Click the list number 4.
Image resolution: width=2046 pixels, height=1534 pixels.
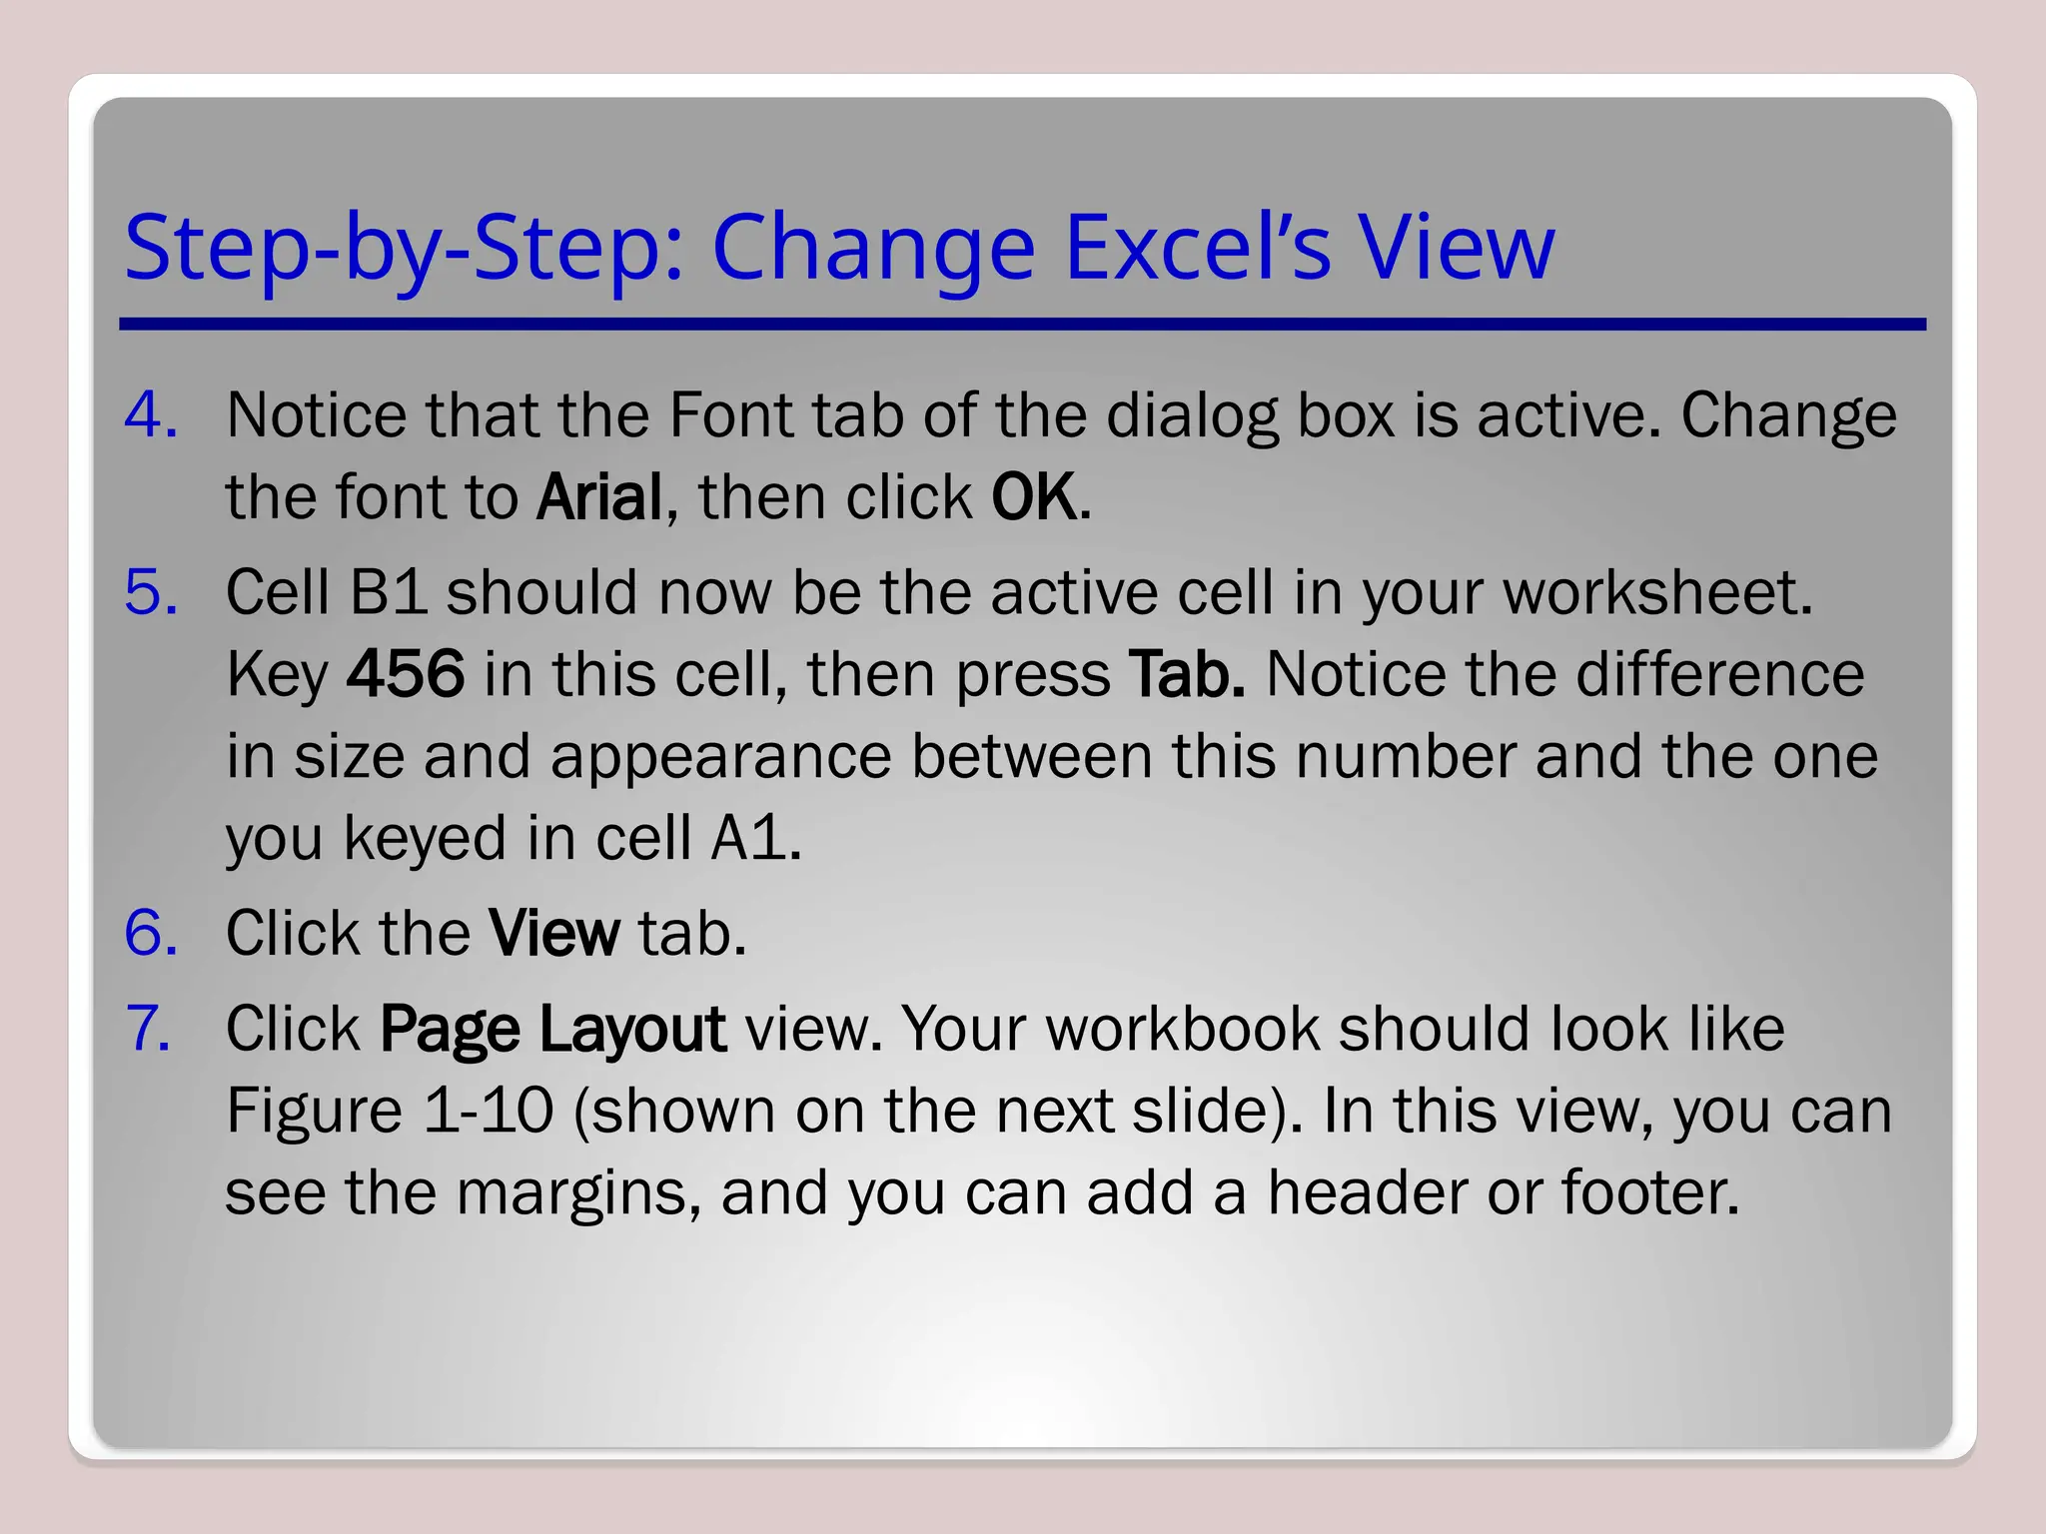tap(151, 415)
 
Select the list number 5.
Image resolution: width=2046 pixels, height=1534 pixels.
tap(151, 592)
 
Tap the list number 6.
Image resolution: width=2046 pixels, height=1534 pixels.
tap(151, 933)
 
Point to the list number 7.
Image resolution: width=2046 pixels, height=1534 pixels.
tap(149, 1029)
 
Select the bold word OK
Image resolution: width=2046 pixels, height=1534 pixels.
tap(1035, 497)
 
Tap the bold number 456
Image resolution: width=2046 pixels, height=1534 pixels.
tap(406, 674)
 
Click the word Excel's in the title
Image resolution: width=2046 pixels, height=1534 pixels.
tap(1198, 248)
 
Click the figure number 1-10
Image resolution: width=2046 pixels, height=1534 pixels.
tap(488, 1111)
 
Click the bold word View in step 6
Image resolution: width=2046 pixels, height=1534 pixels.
tap(554, 933)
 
